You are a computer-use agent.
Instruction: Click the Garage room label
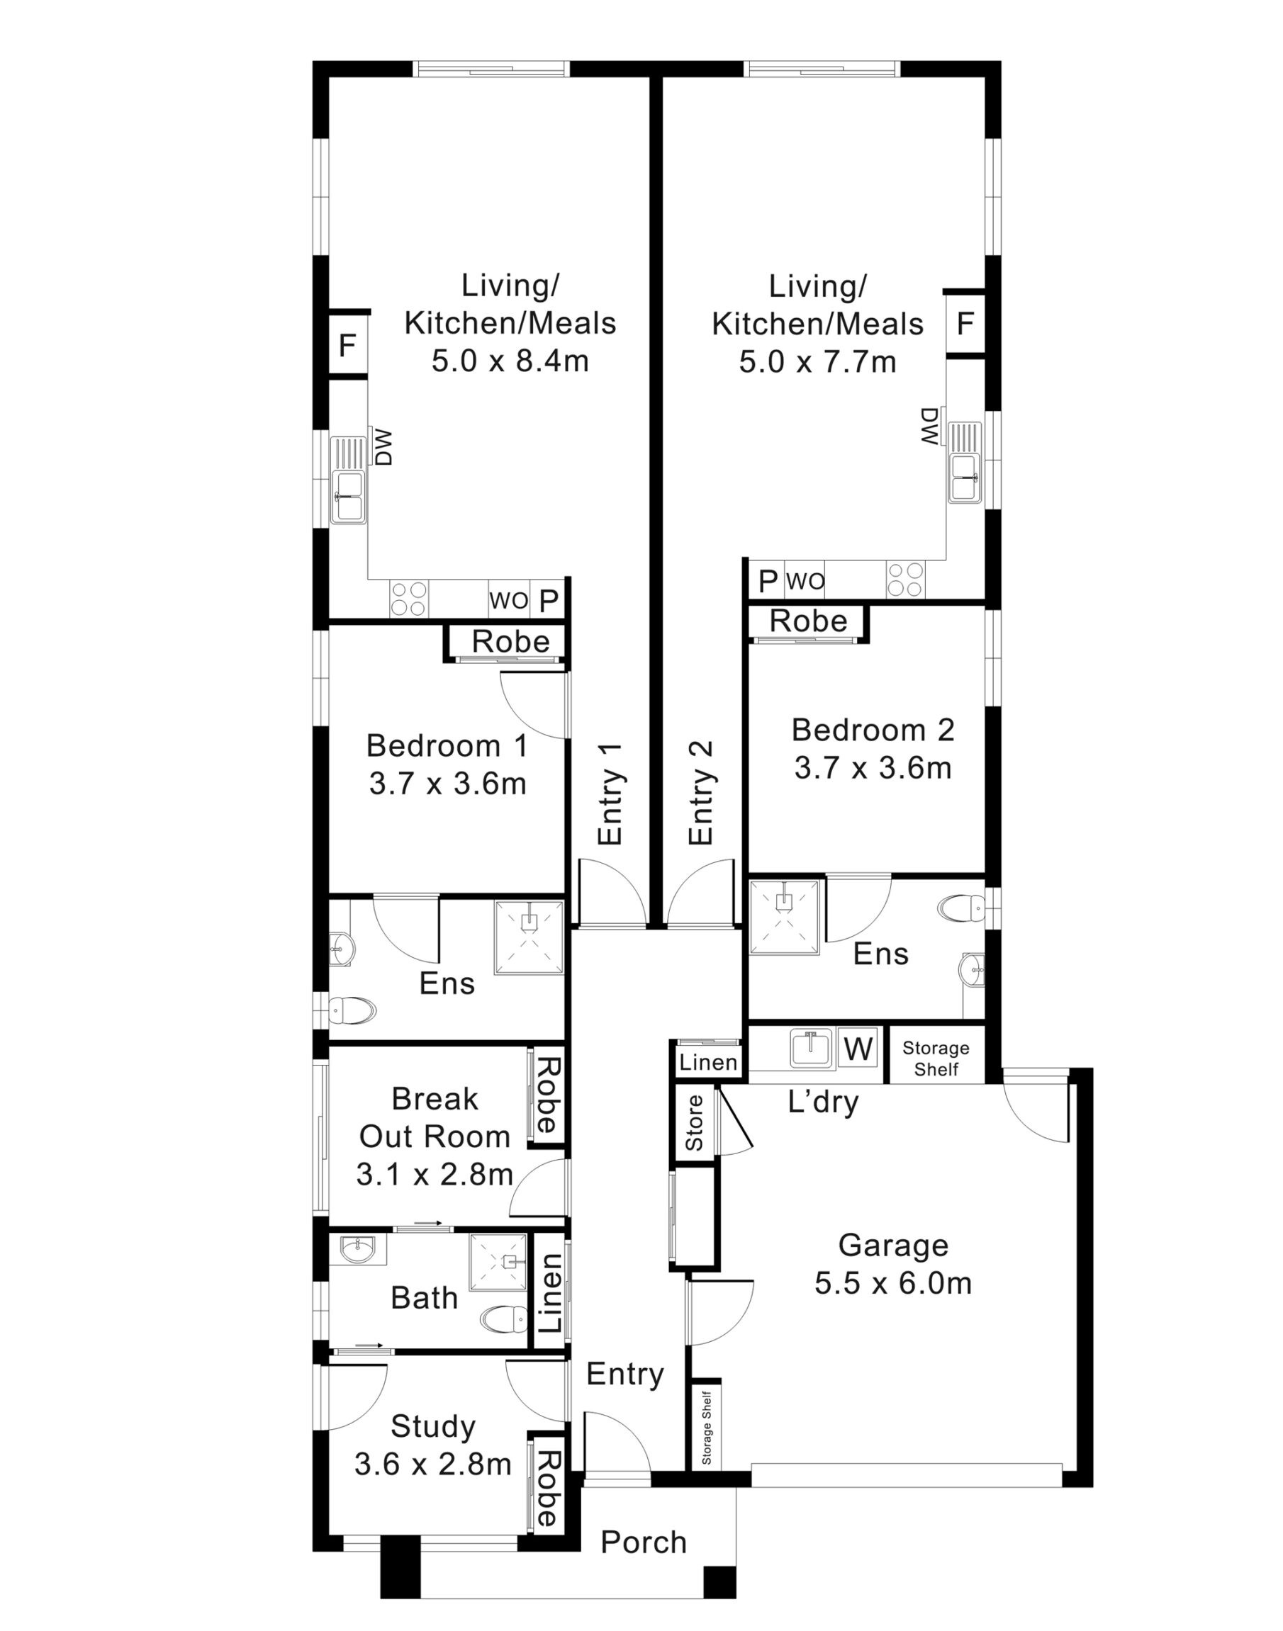893,1265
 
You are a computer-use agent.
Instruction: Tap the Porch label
644,1542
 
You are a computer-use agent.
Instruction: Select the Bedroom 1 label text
447,764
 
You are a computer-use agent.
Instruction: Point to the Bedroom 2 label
873,749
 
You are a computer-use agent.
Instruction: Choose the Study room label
433,1445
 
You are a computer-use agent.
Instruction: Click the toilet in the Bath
503,1317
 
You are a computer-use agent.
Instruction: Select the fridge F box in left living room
347,346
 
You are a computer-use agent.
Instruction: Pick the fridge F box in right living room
965,324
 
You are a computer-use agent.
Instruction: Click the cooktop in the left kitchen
408,599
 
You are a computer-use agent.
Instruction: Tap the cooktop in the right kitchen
905,580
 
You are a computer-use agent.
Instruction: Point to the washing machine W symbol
857,1049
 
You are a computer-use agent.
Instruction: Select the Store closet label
694,1124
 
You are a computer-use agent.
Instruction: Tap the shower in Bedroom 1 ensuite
529,937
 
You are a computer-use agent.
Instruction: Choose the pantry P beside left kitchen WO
549,602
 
